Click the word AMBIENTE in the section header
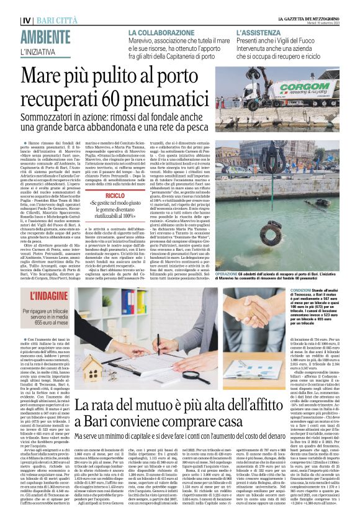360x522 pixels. pyautogui.click(x=45, y=36)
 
